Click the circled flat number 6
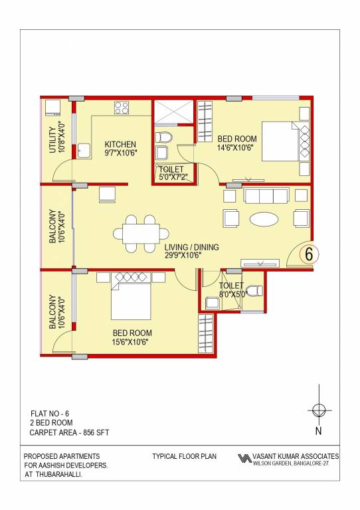308,253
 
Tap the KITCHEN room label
120,144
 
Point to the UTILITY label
52,139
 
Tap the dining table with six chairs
141,233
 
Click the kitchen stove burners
122,107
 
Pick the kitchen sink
84,150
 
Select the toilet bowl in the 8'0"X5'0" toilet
257,290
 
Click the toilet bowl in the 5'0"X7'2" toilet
164,138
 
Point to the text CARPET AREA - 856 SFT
69,432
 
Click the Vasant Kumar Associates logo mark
244,459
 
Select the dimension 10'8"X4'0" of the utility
61,138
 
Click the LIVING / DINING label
192,247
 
